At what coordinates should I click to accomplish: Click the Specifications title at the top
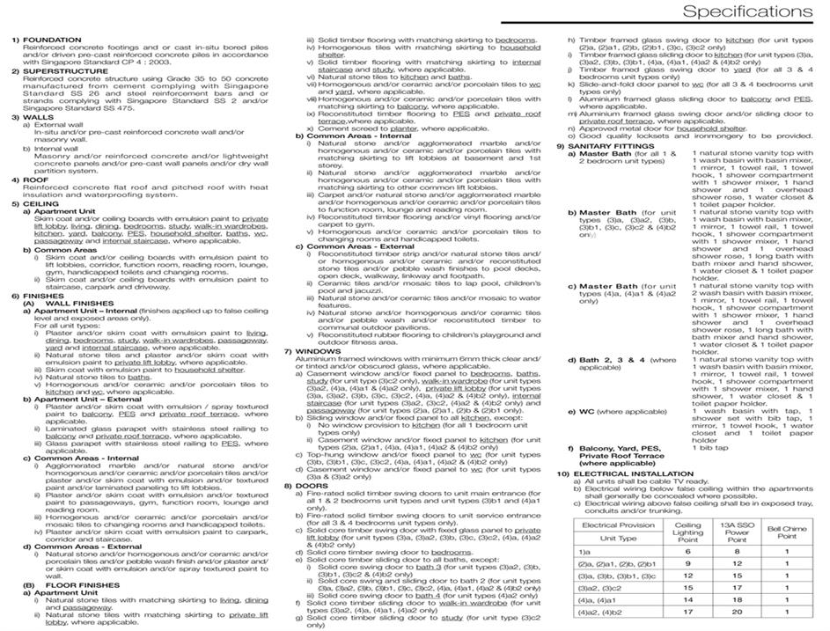pos(747,11)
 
